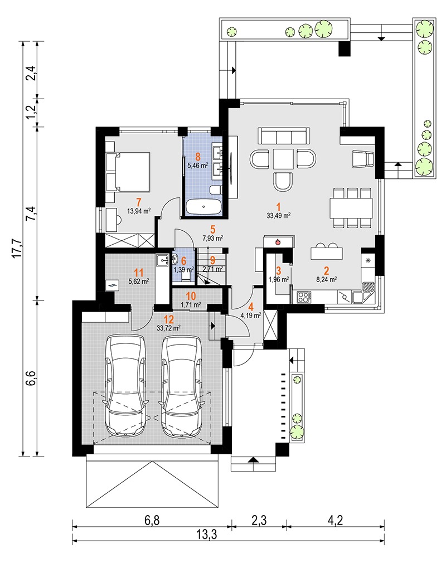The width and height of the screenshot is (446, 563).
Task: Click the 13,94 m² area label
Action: coord(139,211)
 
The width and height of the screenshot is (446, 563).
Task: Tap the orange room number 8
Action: coord(197,157)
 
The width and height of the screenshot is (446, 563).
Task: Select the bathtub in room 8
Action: coord(203,207)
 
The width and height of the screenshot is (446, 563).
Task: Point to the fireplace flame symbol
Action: coord(277,242)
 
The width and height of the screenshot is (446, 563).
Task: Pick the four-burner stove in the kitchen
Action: coord(304,297)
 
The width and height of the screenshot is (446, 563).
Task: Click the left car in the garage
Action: coord(125,386)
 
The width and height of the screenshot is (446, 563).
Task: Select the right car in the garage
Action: coord(181,386)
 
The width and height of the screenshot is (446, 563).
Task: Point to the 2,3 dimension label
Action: coord(259,520)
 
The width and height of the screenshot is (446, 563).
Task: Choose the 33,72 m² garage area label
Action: coord(168,327)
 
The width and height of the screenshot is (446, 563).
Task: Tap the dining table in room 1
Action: coord(351,208)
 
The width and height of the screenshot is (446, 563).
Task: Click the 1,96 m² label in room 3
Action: coord(279,279)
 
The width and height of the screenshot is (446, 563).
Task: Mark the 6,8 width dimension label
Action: coord(152,520)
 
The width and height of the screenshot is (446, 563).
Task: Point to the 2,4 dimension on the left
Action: coord(32,73)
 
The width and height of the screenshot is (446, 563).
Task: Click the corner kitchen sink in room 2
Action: coord(363,293)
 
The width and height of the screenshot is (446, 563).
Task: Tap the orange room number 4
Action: coord(251,307)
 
